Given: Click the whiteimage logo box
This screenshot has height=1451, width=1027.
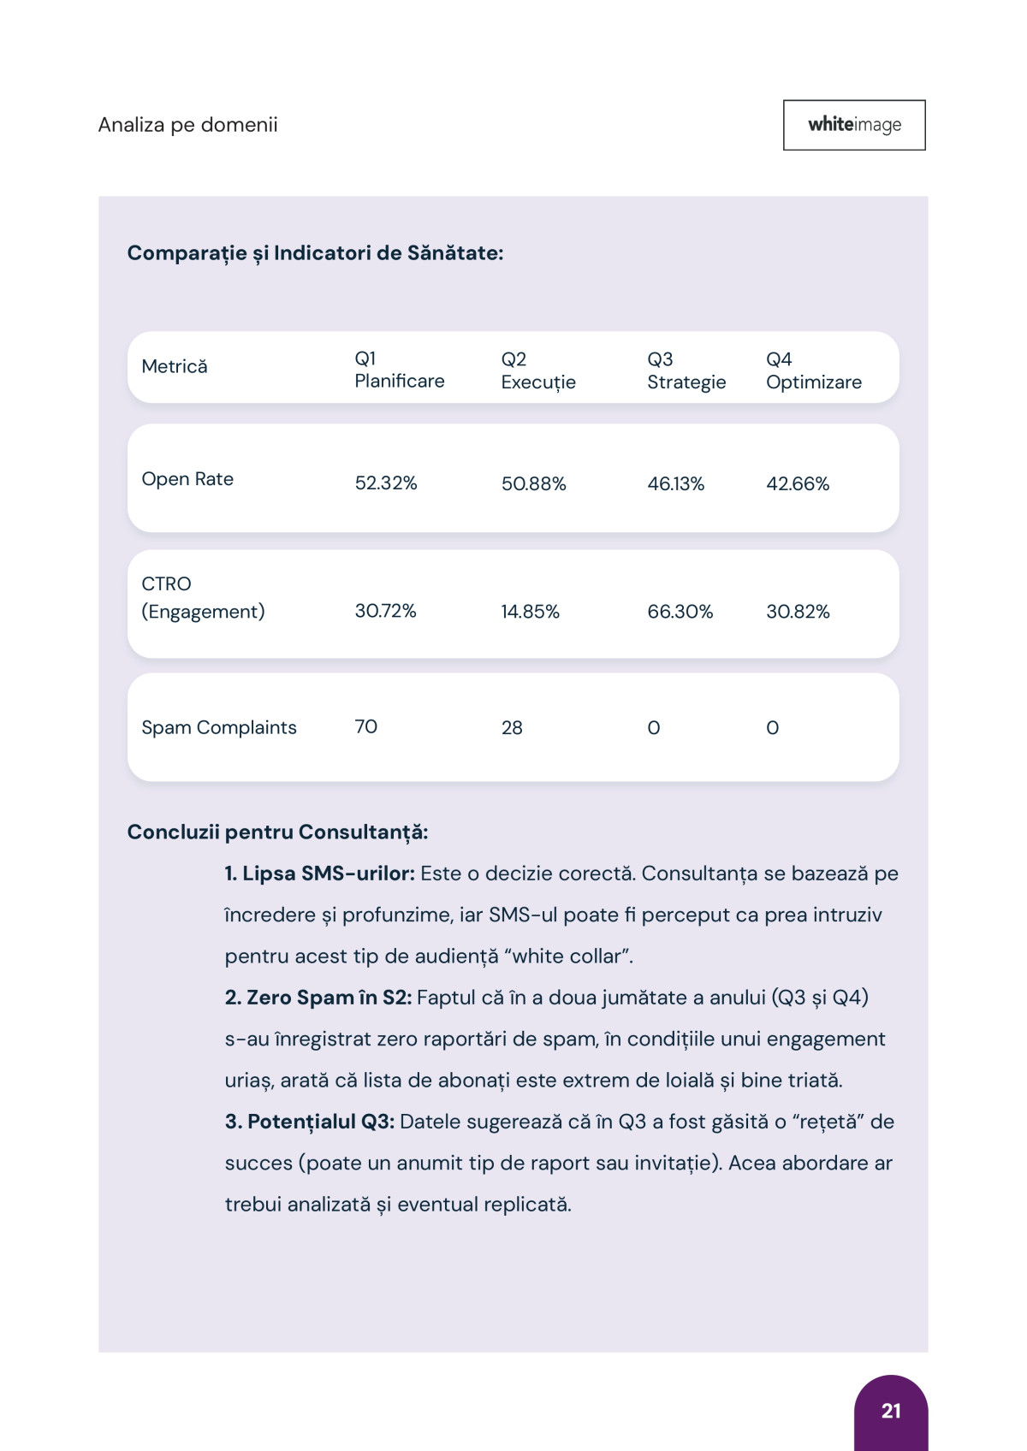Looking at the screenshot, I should coord(854,125).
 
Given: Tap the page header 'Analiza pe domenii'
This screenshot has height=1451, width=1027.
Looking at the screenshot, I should coord(188,125).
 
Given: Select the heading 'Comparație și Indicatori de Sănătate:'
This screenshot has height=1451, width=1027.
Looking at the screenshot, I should coord(315,253).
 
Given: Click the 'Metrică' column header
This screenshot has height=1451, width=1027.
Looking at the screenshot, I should coord(175,367).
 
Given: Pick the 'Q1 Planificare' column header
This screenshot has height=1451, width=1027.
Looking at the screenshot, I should coord(400,370).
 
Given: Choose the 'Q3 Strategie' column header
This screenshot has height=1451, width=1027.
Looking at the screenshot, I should coord(686,370).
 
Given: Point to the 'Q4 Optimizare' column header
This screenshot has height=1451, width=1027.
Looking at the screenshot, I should coord(814,370).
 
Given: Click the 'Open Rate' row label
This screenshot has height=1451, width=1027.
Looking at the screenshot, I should coord(187,479).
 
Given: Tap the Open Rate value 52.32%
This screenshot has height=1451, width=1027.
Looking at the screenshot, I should coord(386,483).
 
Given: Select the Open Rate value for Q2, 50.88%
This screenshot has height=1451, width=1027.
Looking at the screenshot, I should coord(534,484).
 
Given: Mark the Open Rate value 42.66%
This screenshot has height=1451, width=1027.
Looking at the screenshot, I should coord(798,484).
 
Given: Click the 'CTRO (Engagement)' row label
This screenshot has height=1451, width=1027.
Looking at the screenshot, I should coord(203,597).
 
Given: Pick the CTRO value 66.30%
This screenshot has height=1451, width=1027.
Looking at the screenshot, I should coord(680,612).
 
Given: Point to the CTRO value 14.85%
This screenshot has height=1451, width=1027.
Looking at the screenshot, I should coord(531,612).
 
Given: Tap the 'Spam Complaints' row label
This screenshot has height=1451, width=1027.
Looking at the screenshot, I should coord(219,727).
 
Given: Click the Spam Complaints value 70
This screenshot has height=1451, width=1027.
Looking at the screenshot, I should coord(366,727).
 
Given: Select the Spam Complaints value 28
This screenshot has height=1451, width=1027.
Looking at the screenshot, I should coord(512,728).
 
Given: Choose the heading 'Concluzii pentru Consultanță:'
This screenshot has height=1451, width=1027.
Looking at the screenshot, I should coord(277,832).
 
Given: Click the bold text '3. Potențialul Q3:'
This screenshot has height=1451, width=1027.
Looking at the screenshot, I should coord(310,1122).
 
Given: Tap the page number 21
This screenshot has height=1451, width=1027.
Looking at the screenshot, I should coord(891,1411).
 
